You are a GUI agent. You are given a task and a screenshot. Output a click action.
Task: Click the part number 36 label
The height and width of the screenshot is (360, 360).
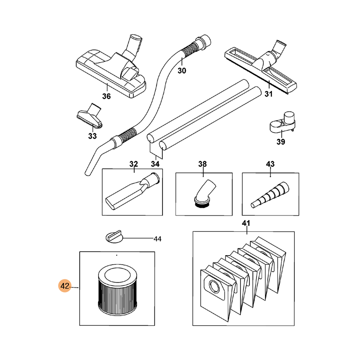point(106,96)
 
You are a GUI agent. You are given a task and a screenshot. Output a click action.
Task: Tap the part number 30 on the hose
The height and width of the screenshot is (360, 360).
point(182,71)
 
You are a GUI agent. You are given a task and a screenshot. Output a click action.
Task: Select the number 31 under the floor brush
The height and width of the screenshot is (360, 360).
point(268,94)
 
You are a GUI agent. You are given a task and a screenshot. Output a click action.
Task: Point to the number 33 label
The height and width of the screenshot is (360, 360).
point(92,136)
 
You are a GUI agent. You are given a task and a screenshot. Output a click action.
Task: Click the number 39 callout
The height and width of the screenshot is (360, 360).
point(280,142)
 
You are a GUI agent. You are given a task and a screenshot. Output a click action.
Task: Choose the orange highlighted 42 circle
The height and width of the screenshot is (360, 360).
point(65,286)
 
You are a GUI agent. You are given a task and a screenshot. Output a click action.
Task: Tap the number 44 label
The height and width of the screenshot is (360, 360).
point(157,239)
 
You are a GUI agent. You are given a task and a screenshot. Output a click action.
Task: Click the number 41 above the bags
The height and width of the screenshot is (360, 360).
point(246,223)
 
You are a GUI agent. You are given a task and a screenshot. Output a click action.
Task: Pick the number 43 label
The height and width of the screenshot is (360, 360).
point(270,164)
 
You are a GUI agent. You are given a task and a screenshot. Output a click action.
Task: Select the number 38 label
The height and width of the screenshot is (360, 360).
point(202,164)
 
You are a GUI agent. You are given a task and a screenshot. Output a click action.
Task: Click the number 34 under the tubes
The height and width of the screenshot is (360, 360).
point(155,164)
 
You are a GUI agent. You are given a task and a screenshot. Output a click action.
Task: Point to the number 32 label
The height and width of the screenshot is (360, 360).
point(134,164)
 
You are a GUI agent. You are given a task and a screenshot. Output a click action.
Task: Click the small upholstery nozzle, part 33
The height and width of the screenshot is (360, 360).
point(90,116)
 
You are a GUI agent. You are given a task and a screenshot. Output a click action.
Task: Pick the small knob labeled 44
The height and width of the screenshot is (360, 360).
point(114,237)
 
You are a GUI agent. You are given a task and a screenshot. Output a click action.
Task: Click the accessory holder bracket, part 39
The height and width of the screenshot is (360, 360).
point(283,122)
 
